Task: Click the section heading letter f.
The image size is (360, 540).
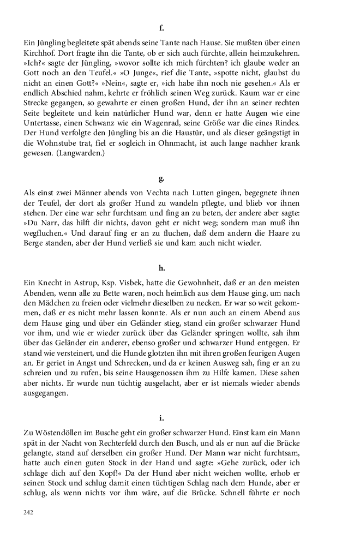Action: [161, 27]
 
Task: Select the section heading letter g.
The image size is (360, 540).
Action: [161, 178]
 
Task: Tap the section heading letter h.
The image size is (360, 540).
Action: [161, 268]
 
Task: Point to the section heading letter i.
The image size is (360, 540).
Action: [161, 418]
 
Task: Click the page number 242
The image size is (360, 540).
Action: [29, 513]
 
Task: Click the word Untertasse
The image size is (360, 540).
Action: [44, 124]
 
